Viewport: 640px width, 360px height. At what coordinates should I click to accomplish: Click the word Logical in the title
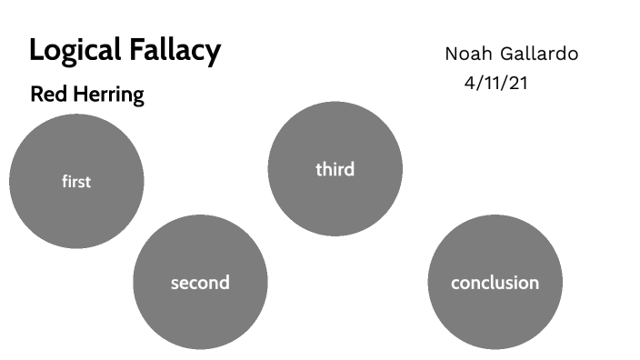(75, 51)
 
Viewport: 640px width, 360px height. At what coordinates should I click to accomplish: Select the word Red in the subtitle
(46, 94)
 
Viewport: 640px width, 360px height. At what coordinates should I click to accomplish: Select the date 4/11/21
(496, 82)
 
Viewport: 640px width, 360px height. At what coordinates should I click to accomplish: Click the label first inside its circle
(76, 182)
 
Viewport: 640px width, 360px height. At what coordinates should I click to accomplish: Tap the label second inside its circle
(200, 283)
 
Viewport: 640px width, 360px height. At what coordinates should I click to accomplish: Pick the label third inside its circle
(335, 169)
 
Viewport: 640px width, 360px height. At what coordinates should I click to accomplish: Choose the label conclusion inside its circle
(495, 283)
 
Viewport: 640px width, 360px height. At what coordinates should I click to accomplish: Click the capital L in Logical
(36, 50)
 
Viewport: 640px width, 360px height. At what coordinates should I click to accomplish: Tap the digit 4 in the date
(470, 82)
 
